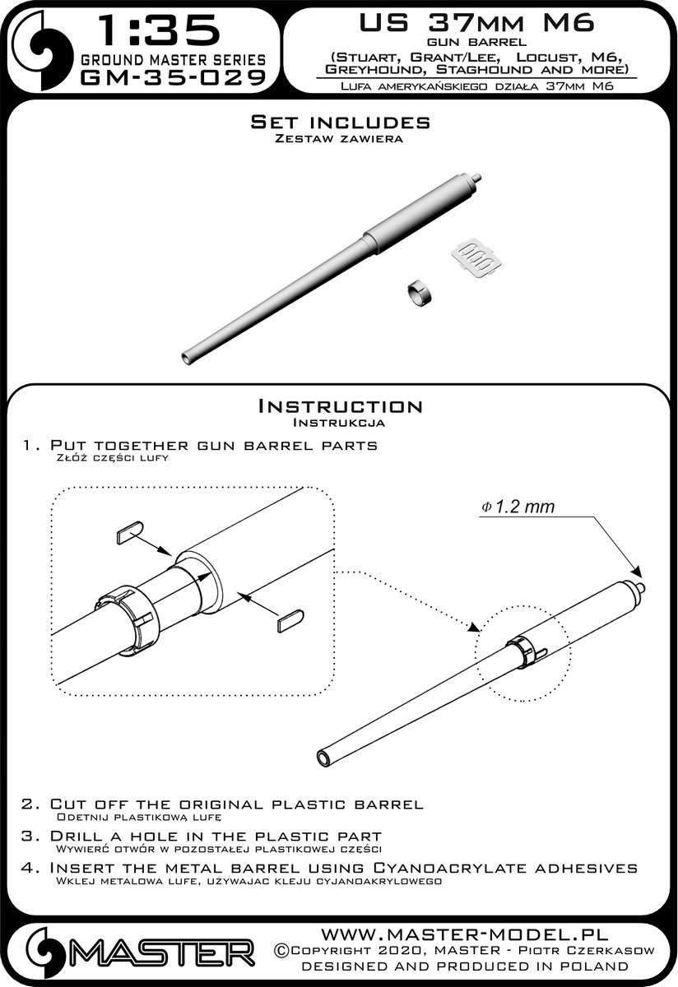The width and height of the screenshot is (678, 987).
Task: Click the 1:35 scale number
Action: pos(160,30)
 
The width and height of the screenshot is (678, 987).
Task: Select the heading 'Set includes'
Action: pos(340,122)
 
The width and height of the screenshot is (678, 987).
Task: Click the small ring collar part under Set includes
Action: pos(420,294)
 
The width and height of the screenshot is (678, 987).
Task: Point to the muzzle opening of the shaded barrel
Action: pos(187,357)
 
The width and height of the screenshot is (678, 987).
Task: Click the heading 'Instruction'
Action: pos(340,405)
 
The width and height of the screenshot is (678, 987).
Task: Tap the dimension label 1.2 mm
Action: pos(518,507)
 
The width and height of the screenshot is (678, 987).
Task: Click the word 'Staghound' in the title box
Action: pos(484,70)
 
